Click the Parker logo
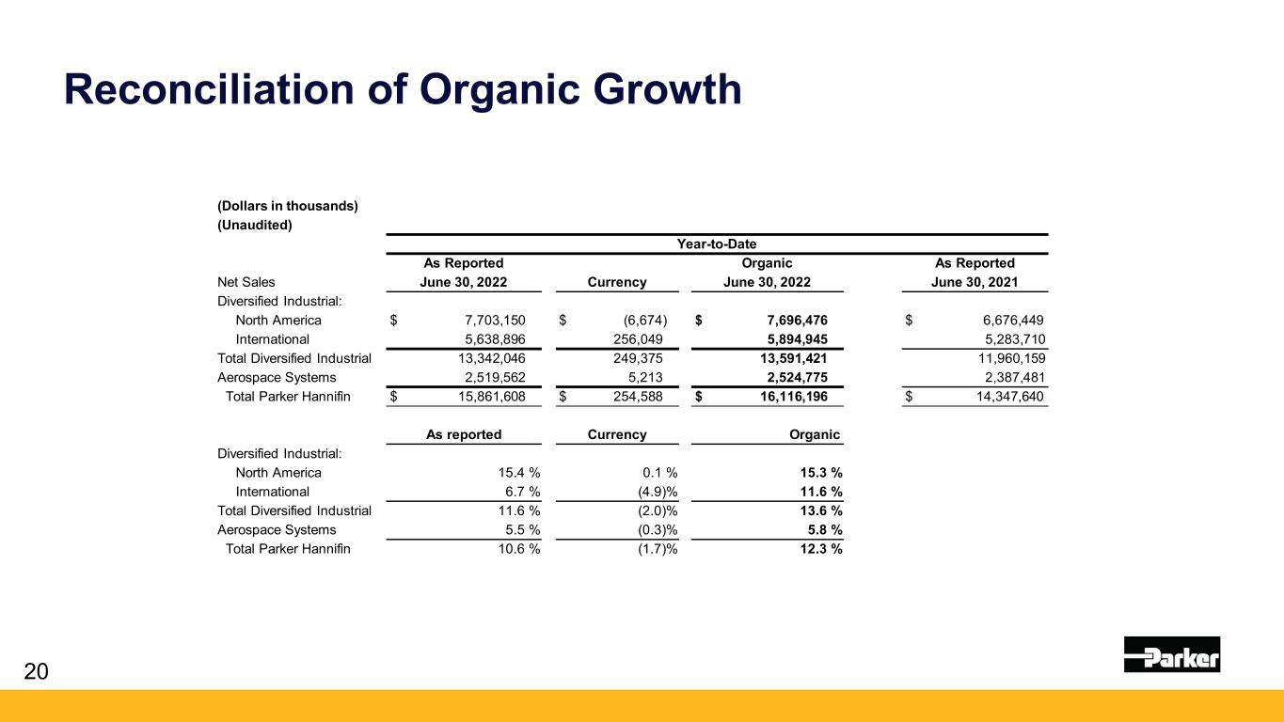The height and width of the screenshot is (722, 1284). tap(1171, 654)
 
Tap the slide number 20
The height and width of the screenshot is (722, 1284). tap(36, 671)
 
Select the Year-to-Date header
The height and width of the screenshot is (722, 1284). tap(717, 244)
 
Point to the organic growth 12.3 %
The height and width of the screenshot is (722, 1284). tap(816, 549)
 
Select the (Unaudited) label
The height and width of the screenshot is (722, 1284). tap(255, 225)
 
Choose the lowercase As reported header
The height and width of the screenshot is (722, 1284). tap(464, 434)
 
